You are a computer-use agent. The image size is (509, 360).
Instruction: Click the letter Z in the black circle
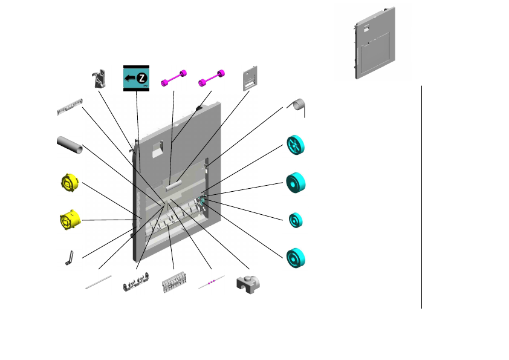point(141,78)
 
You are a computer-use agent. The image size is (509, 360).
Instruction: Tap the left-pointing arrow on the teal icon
point(129,78)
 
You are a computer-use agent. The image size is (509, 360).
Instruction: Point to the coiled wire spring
point(297,106)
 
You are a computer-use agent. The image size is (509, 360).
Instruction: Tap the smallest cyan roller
point(296,220)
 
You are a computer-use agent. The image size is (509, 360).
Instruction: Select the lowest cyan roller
point(296,258)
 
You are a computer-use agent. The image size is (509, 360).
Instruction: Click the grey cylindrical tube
point(70,145)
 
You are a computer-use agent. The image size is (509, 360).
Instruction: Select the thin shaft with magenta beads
point(212,283)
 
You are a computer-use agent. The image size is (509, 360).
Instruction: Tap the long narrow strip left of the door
point(69,107)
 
